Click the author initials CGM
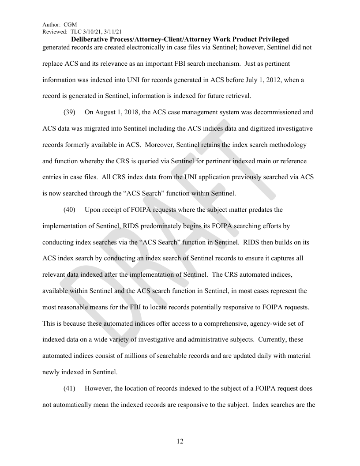coord(71,25)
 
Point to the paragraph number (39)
coord(69,112)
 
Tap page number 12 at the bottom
coord(180,441)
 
